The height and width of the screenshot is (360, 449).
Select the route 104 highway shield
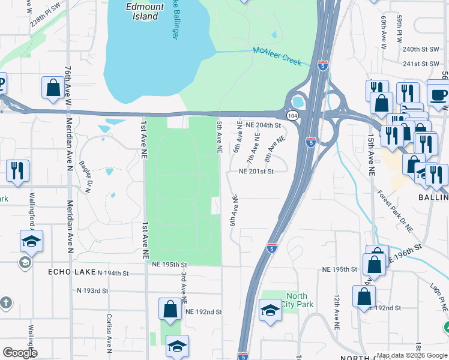(292, 115)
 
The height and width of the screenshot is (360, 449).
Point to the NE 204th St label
(264, 125)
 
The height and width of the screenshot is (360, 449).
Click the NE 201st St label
(256, 171)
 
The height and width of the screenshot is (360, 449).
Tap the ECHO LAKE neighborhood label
(69, 272)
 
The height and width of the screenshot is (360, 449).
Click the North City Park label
(297, 300)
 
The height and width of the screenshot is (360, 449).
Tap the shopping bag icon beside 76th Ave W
(53, 87)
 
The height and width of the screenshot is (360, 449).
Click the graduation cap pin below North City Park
(270, 311)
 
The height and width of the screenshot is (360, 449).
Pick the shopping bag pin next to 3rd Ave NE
(170, 308)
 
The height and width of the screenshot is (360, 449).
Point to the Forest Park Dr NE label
(396, 211)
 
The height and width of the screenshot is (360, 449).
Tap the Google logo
(20, 353)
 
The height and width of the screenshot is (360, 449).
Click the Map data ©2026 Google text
(411, 355)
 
